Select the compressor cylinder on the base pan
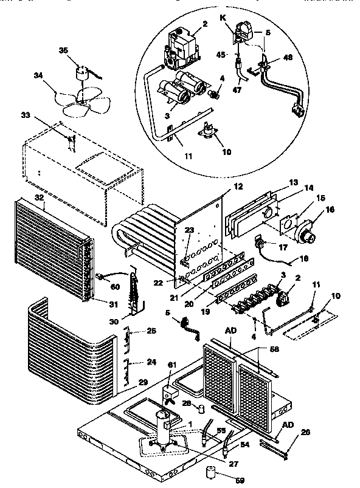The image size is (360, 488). pyautogui.click(x=164, y=427)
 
